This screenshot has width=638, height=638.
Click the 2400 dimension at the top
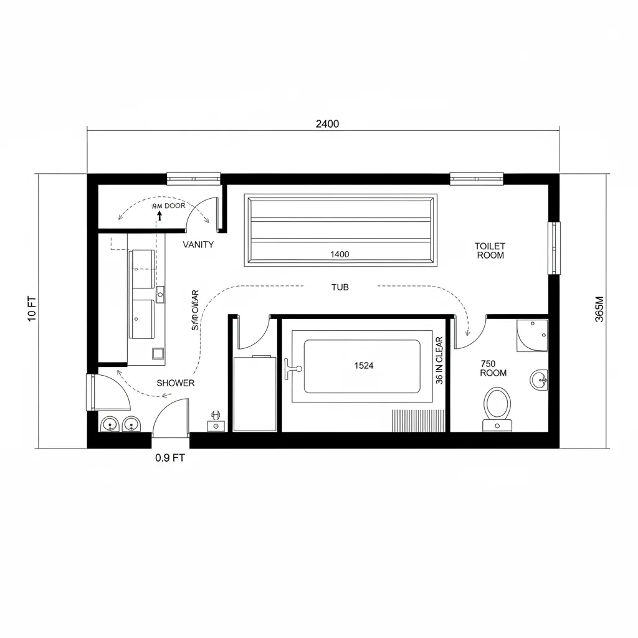pyautogui.click(x=327, y=123)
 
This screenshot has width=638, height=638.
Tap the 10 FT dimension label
pyautogui.click(x=33, y=308)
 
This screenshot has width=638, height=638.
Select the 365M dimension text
pyautogui.click(x=599, y=309)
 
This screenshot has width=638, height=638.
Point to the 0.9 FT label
pyautogui.click(x=169, y=458)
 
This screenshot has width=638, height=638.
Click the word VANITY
pyautogui.click(x=198, y=245)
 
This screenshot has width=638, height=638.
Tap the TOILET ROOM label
pyautogui.click(x=490, y=250)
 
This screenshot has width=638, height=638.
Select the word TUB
pyautogui.click(x=340, y=287)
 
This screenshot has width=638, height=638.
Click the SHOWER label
pyautogui.click(x=175, y=383)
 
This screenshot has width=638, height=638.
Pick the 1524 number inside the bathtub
pyautogui.click(x=363, y=366)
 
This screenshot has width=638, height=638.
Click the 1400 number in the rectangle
pyautogui.click(x=340, y=254)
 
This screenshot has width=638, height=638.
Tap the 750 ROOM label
pyautogui.click(x=493, y=368)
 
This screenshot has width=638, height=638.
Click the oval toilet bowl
pyautogui.click(x=497, y=404)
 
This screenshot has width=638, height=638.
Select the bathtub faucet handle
pyautogui.click(x=289, y=369)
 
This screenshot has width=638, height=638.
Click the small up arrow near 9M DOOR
pyautogui.click(x=159, y=216)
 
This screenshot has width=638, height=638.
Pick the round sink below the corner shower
pyautogui.click(x=539, y=379)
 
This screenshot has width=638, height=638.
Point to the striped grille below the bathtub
pyautogui.click(x=418, y=420)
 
